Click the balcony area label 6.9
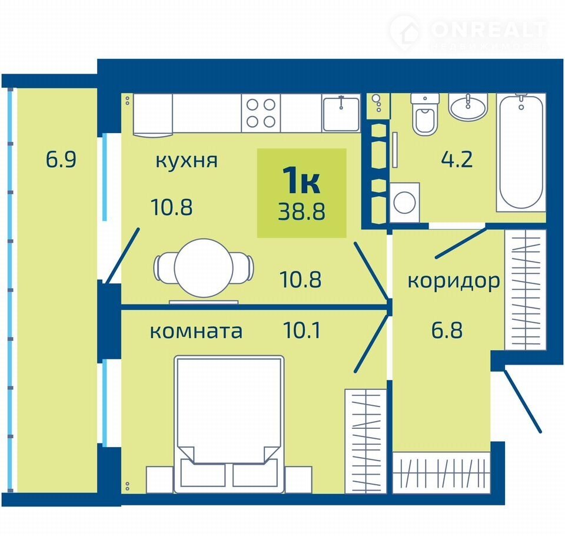click(x=61, y=160)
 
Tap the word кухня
click(x=187, y=161)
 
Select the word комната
click(x=196, y=331)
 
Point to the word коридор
click(x=453, y=282)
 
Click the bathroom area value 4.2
click(x=457, y=160)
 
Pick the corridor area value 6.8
click(x=447, y=330)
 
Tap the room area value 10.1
click(x=302, y=330)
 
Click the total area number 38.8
click(x=301, y=211)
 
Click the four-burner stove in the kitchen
click(x=261, y=113)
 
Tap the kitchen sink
click(x=341, y=113)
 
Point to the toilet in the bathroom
click(x=425, y=115)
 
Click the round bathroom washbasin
click(x=468, y=107)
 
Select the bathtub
click(x=521, y=152)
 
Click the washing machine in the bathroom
click(x=405, y=203)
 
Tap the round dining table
click(x=204, y=268)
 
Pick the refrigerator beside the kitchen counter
click(x=153, y=115)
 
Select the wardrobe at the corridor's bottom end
click(x=441, y=472)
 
